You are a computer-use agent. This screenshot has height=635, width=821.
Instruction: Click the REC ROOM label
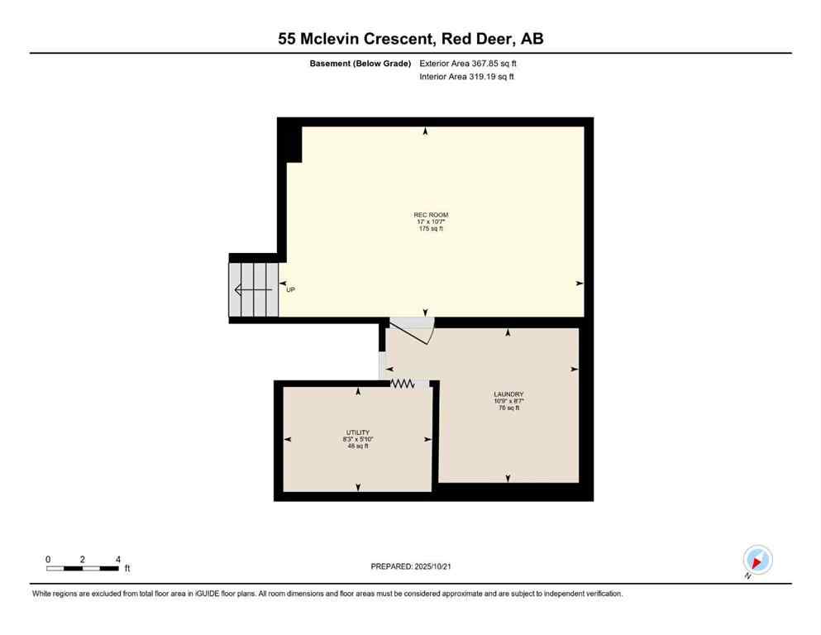432,215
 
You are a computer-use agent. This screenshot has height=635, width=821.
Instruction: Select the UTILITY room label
357,432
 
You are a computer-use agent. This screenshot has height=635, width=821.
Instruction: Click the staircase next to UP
254,289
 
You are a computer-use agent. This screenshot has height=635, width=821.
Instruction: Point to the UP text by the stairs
290,290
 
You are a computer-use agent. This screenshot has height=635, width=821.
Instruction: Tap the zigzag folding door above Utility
403,384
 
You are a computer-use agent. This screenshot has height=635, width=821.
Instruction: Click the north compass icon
757,560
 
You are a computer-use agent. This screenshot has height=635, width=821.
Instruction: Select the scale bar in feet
84,568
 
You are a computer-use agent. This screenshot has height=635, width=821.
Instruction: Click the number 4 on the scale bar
118,559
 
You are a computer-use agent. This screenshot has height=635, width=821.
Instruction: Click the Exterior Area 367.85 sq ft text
469,63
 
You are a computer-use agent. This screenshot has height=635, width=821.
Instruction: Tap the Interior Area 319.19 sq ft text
467,77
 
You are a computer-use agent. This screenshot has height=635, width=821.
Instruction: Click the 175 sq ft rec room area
432,228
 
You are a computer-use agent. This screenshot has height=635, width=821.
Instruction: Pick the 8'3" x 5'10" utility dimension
357,439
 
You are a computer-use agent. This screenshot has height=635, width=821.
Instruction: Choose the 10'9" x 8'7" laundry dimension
508,401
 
